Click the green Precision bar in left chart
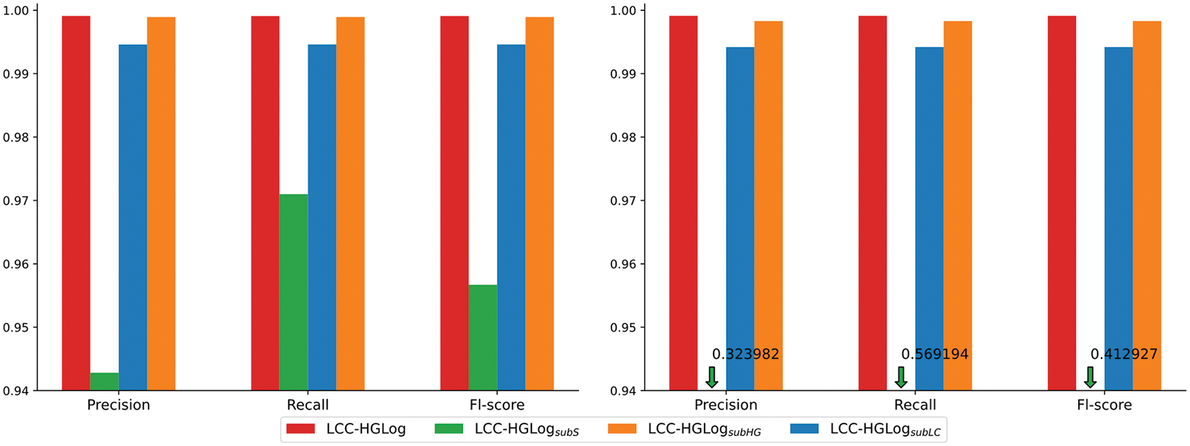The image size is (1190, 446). pos(104,381)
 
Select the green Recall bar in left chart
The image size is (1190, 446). pos(294,292)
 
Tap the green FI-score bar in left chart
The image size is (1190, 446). pos(483,337)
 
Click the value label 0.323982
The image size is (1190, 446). pos(745,354)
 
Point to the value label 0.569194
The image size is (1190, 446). pos(934,354)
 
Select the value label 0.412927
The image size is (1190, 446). pos(1123,354)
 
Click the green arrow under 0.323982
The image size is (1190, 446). pos(712,377)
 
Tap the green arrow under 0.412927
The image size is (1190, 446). pos(1090,377)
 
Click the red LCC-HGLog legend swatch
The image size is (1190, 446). pos(300,429)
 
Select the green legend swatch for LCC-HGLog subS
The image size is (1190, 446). pos(448,429)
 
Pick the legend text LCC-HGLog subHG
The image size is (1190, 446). pos(704,430)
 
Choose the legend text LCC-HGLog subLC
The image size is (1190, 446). pos(884,430)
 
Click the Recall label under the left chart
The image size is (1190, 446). pos(308,405)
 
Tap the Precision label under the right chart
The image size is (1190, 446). pos(726,405)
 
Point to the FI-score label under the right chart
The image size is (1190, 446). pos(1104,405)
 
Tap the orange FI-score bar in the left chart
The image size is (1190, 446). pos(539,203)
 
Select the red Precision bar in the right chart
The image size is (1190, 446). pos(683,203)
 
